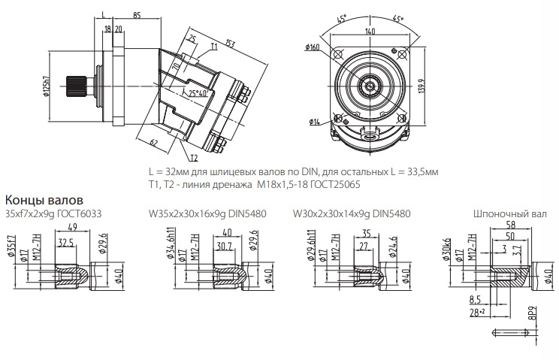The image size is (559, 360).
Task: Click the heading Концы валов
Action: (x=44, y=200)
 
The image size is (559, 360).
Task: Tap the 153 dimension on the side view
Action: (x=230, y=44)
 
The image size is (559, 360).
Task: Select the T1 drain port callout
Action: (x=214, y=47)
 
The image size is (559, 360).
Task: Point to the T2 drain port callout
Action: (x=194, y=158)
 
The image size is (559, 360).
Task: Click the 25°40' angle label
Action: (x=198, y=93)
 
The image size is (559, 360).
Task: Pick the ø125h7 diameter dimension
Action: (x=46, y=86)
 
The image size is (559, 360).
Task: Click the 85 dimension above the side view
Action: (x=137, y=15)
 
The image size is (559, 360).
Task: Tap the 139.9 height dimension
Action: (x=422, y=86)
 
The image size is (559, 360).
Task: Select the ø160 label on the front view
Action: (x=313, y=47)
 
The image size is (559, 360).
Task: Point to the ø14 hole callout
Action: (x=314, y=122)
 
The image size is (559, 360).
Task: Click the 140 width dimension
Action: (x=370, y=31)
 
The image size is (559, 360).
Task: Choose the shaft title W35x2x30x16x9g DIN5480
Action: (x=207, y=213)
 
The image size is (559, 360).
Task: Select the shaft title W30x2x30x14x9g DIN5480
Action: (x=352, y=213)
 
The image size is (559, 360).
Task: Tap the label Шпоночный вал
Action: (x=510, y=214)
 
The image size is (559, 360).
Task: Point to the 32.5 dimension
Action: (x=66, y=243)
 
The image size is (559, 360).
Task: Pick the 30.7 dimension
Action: (x=225, y=246)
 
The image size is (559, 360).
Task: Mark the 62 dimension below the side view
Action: (x=154, y=143)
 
